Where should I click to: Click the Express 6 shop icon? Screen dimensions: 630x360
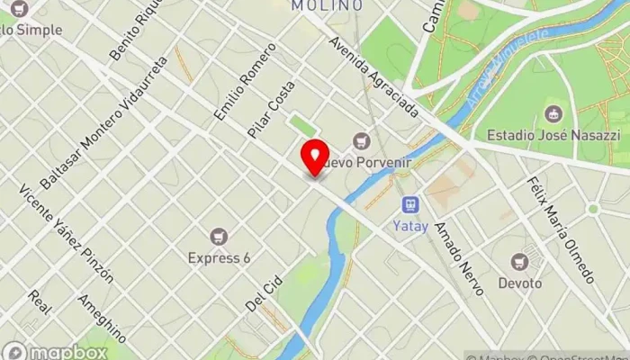tap(219, 237)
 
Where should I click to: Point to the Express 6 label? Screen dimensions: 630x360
tap(219, 258)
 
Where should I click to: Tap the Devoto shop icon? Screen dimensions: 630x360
tap(519, 262)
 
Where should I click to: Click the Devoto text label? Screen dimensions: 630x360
tap(519, 283)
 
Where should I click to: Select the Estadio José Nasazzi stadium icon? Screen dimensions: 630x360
tap(553, 114)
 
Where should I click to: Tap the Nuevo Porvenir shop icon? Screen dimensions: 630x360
tap(363, 140)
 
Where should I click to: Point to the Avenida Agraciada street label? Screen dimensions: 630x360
tap(373, 77)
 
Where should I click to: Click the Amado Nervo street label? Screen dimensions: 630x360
tap(459, 257)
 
